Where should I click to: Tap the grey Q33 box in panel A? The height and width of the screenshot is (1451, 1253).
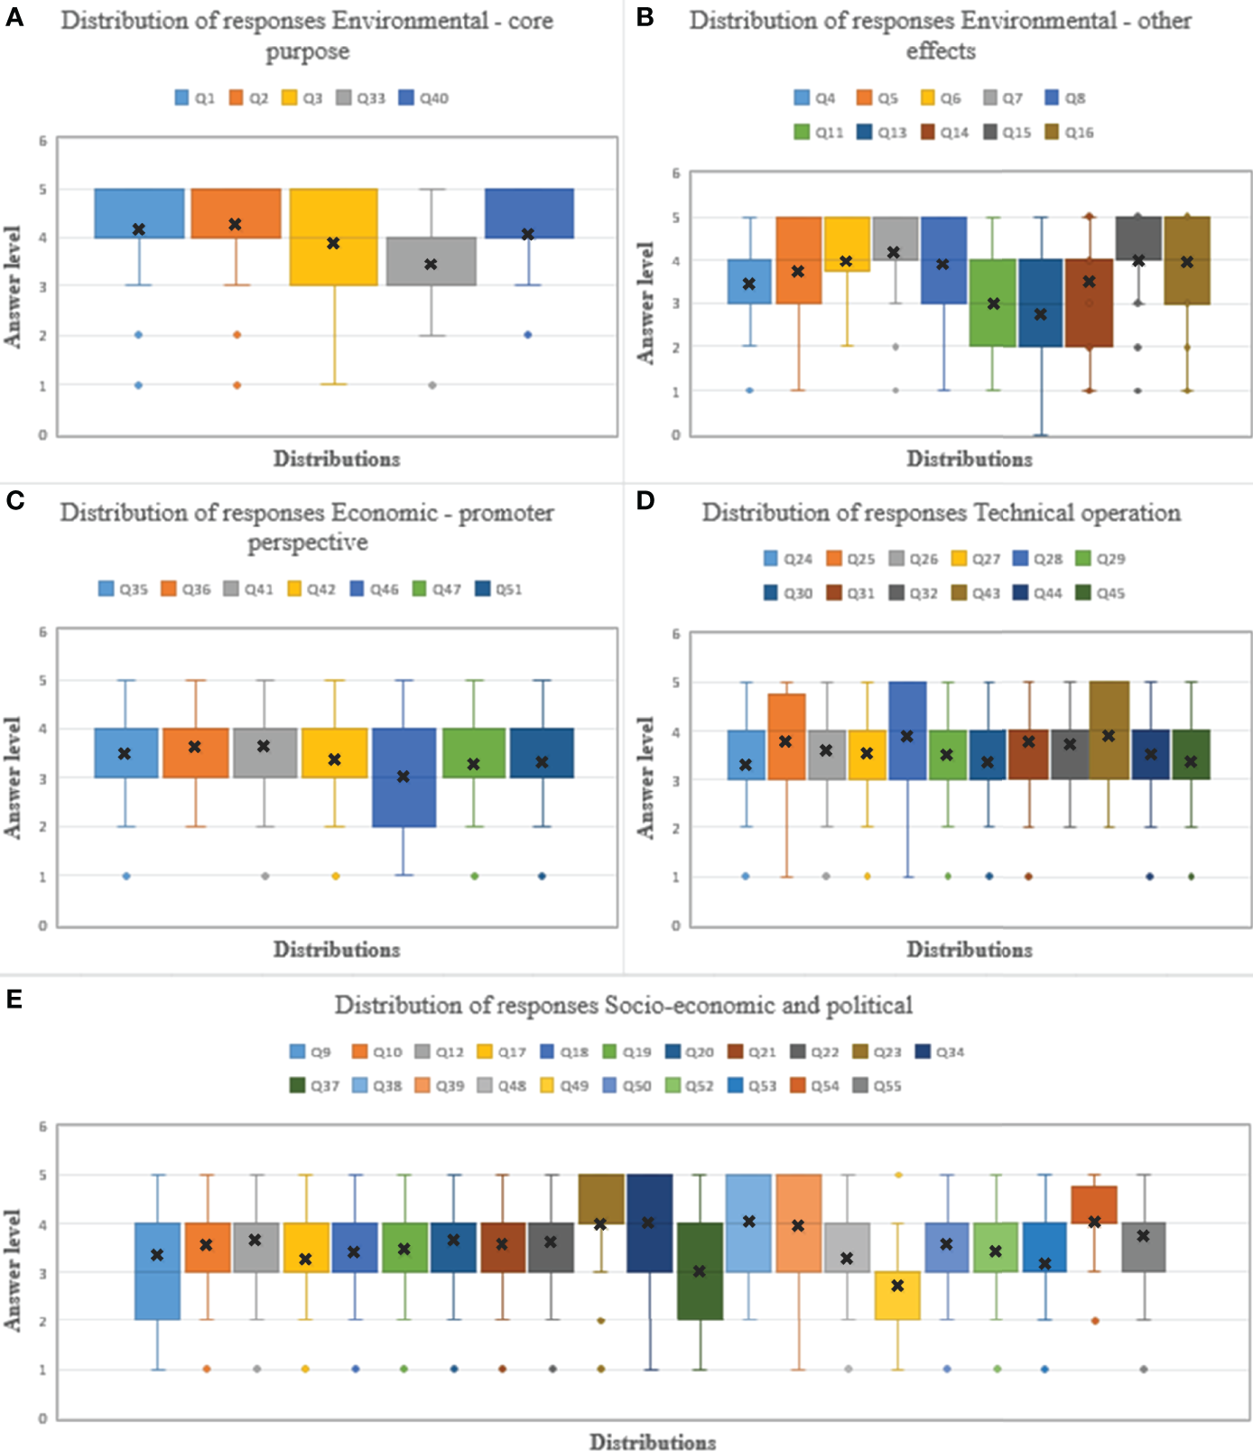431,261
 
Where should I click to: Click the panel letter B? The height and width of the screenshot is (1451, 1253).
645,17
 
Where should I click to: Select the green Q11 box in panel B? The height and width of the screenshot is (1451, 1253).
993,302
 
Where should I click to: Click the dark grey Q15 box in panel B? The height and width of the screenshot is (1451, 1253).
1138,238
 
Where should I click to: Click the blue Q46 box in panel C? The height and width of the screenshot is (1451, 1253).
404,777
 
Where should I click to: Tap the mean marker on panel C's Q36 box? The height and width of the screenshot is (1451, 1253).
195,747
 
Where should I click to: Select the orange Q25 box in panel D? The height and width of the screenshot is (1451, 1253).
786,736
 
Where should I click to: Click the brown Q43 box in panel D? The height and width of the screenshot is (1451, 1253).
1109,730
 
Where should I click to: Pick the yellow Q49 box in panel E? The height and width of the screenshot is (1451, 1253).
897,1296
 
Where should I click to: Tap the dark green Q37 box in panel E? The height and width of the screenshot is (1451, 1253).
700,1271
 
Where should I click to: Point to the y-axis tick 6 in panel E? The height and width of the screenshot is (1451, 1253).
42,1127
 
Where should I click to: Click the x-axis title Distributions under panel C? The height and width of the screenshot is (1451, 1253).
337,950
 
